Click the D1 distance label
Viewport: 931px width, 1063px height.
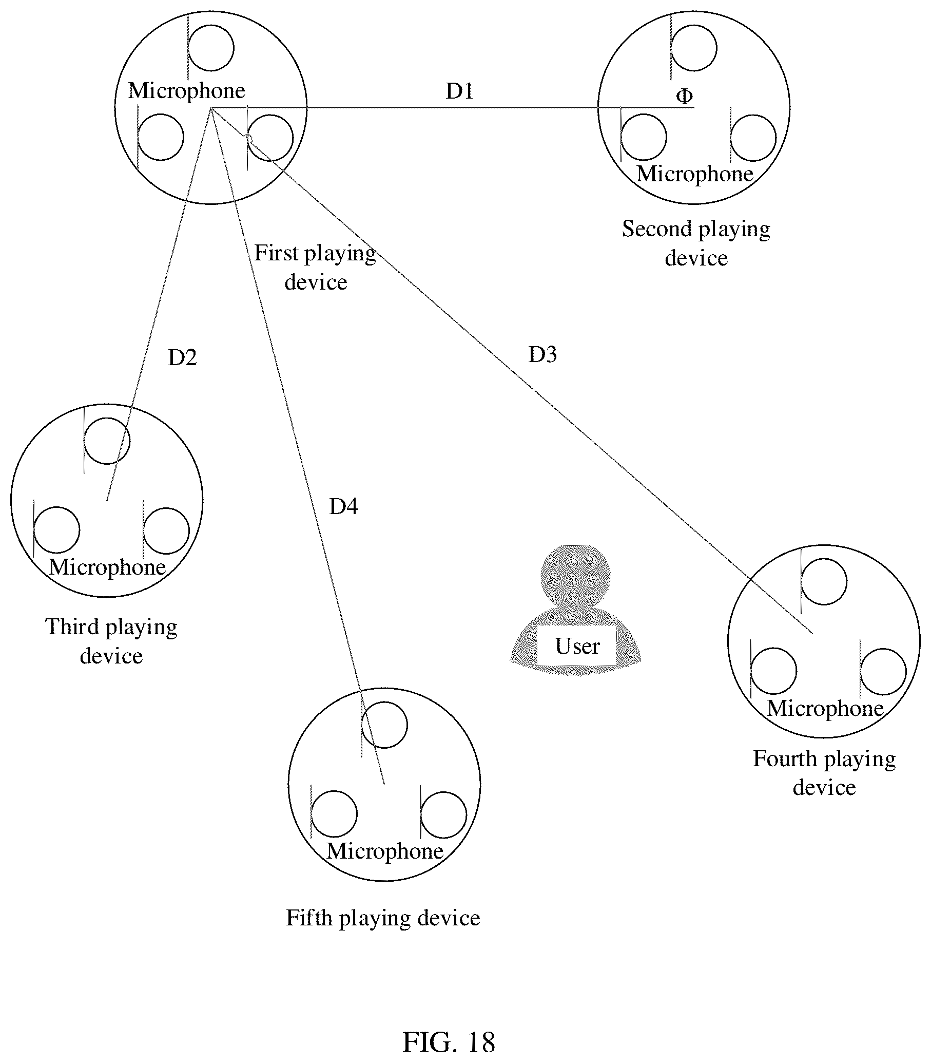pyautogui.click(x=460, y=91)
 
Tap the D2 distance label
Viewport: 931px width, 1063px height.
pyautogui.click(x=182, y=357)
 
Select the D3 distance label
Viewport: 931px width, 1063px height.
pyautogui.click(x=542, y=354)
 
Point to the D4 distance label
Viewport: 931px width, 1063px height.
pyautogui.click(x=343, y=506)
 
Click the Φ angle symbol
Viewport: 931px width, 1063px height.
pyautogui.click(x=684, y=96)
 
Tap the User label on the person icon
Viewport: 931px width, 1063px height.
pyautogui.click(x=577, y=646)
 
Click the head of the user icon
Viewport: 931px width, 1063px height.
pyautogui.click(x=575, y=575)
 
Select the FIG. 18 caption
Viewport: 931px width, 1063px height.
pyautogui.click(x=449, y=1028)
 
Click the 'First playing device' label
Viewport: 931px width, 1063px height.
pyautogui.click(x=315, y=268)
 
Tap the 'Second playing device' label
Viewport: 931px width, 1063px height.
pyautogui.click(x=696, y=243)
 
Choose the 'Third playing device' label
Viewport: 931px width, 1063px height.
pyautogui.click(x=111, y=641)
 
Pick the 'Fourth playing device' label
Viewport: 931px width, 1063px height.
pyautogui.click(x=824, y=773)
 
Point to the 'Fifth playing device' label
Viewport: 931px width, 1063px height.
pyautogui.click(x=383, y=918)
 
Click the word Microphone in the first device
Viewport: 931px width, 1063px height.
pyautogui.click(x=186, y=91)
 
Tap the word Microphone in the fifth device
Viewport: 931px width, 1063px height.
pyautogui.click(x=385, y=851)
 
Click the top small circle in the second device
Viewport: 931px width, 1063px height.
pyautogui.click(x=693, y=48)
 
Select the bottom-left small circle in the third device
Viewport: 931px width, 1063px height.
pyautogui.click(x=56, y=529)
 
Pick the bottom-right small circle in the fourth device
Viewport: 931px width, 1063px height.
pyautogui.click(x=883, y=672)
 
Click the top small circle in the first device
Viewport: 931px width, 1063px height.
pyautogui.click(x=210, y=48)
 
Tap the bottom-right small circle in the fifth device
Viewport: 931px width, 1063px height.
pyautogui.click(x=443, y=814)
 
